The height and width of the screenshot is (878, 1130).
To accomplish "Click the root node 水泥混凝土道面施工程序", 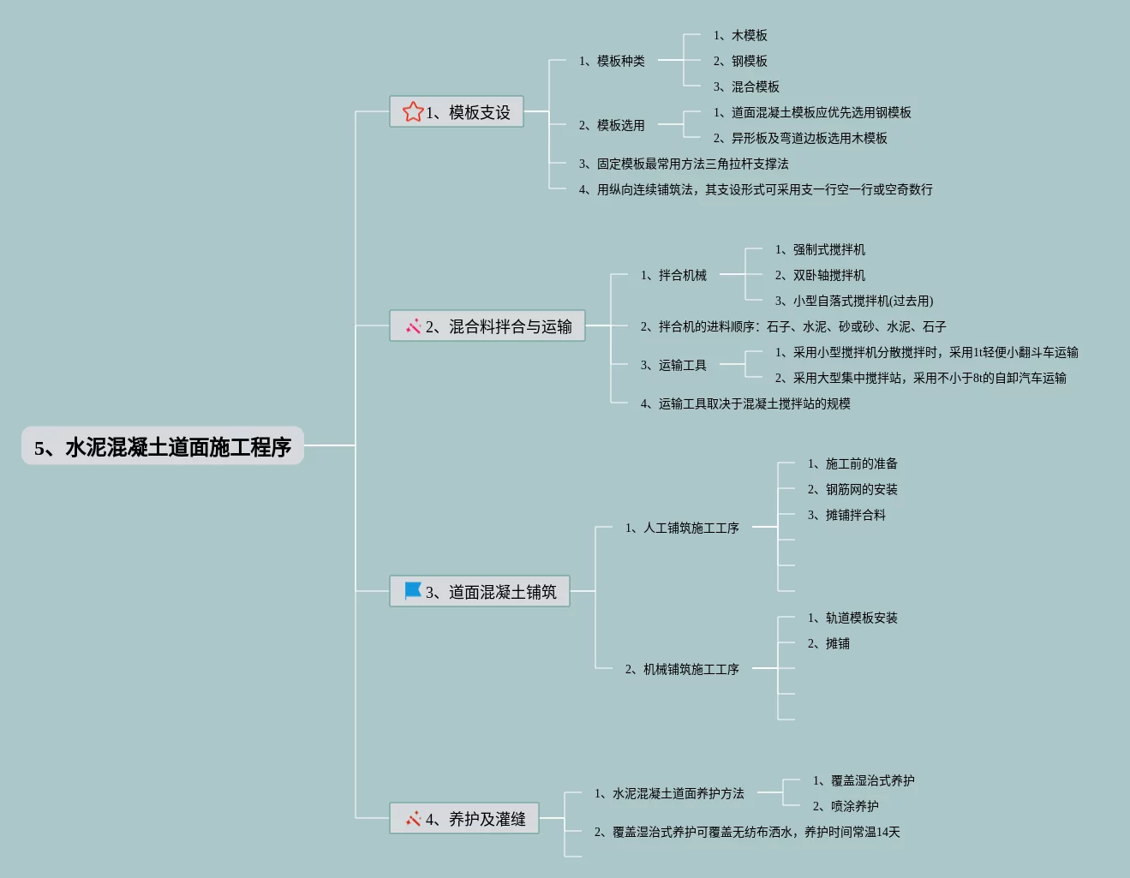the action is pos(163,446).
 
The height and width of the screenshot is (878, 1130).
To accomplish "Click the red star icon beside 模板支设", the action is pos(413,111).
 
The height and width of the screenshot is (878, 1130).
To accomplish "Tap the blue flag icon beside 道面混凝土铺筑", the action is pos(413,590).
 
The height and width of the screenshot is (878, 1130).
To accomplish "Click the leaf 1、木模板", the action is pos(740,35).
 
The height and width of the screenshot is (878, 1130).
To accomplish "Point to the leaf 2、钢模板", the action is pos(740,61).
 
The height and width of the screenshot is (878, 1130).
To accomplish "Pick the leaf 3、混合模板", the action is pos(746,87).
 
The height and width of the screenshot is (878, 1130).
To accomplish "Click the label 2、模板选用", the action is pos(612,125).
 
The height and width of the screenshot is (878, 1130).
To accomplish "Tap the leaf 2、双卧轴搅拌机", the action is pos(820,275).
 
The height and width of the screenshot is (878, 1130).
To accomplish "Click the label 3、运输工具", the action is pos(673,365).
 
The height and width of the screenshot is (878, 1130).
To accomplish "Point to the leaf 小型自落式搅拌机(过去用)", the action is pos(854,301).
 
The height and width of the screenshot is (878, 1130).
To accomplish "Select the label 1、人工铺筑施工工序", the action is pos(682,528).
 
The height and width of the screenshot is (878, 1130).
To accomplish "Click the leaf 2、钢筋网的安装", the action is pos(852,489).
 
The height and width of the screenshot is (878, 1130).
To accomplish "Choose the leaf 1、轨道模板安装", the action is pos(852,618).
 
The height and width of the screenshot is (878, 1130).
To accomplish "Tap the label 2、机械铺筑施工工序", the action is pos(682,669).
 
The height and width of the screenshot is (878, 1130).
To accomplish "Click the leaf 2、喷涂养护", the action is pos(846,806).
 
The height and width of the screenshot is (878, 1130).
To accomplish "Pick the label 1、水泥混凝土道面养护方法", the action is pos(669,793).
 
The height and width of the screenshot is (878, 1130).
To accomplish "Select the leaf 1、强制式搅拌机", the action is pos(820,249).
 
